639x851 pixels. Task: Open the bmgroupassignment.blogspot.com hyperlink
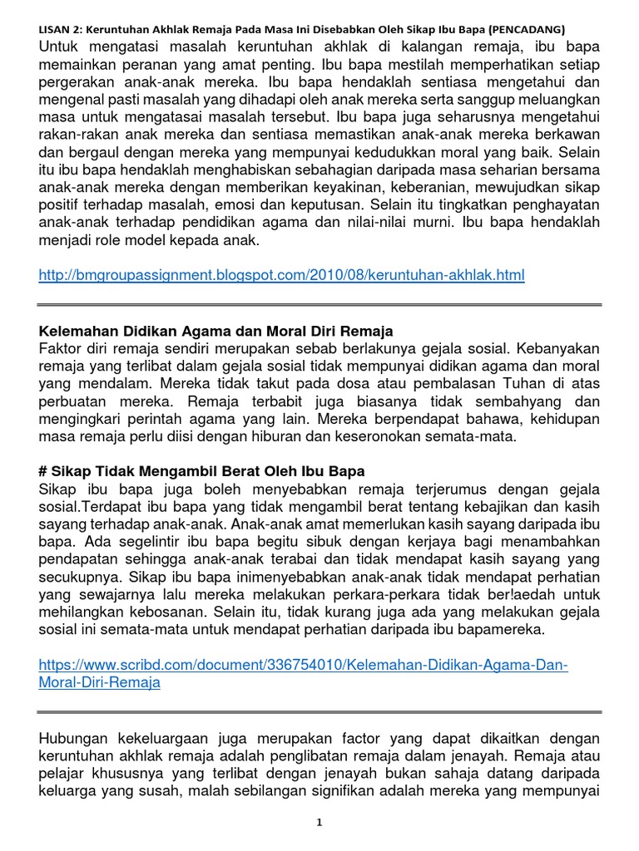(x=281, y=275)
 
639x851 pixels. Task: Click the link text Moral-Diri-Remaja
(x=99, y=682)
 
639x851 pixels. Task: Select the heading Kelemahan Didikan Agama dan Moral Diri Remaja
(x=215, y=332)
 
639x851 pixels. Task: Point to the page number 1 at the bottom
(x=319, y=823)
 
